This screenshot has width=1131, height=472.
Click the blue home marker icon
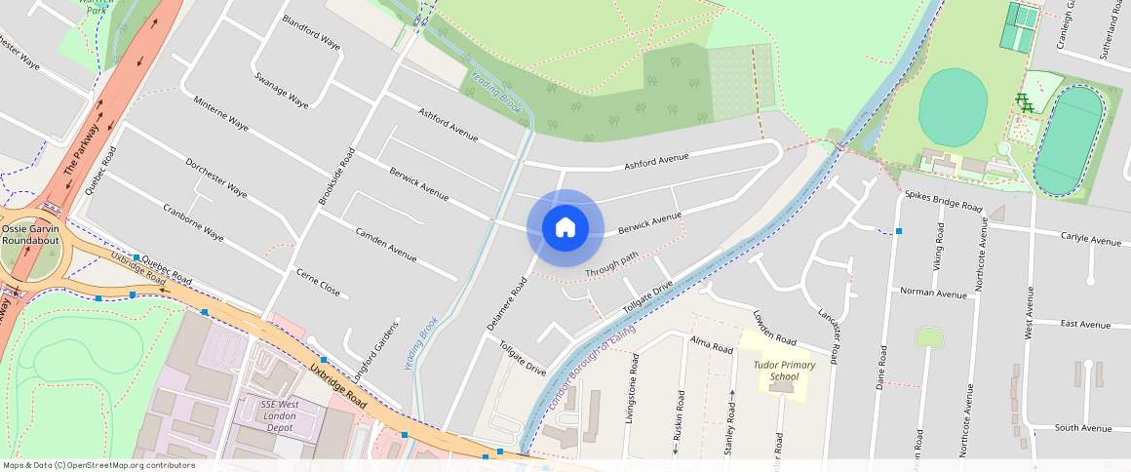(565, 227)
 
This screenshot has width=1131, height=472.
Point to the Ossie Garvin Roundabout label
(30, 235)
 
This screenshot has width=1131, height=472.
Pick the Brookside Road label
(333, 177)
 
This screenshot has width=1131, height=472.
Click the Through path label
(611, 262)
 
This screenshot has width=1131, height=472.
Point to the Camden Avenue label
(386, 245)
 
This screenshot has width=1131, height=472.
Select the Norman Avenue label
(933, 292)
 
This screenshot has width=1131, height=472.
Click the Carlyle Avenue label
(1091, 239)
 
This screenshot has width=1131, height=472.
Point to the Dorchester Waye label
(216, 177)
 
